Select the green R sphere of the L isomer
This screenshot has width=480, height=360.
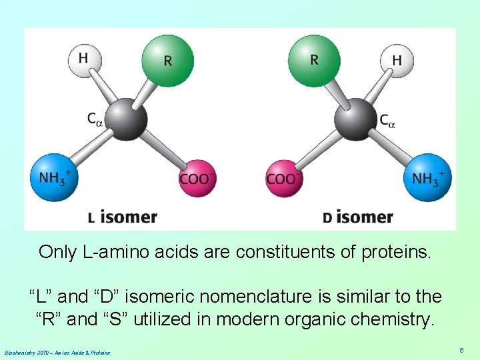click(167, 60)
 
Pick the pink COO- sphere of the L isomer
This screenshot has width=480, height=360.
click(197, 178)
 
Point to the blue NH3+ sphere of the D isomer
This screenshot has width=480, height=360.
click(427, 177)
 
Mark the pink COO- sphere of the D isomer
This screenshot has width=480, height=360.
click(283, 178)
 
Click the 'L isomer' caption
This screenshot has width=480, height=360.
click(123, 217)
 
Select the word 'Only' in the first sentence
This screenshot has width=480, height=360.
click(57, 252)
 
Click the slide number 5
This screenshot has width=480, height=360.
click(461, 349)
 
